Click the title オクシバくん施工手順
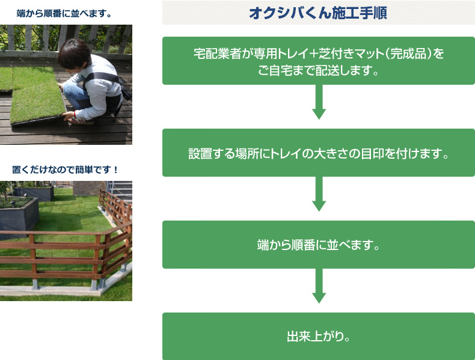coord(318,13)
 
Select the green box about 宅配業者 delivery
coord(318,61)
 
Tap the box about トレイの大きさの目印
coord(318,153)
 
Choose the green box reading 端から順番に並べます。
coord(318,245)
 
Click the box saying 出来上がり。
coord(318,336)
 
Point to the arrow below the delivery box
coord(319,102)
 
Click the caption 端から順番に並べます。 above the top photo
coord(65,13)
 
